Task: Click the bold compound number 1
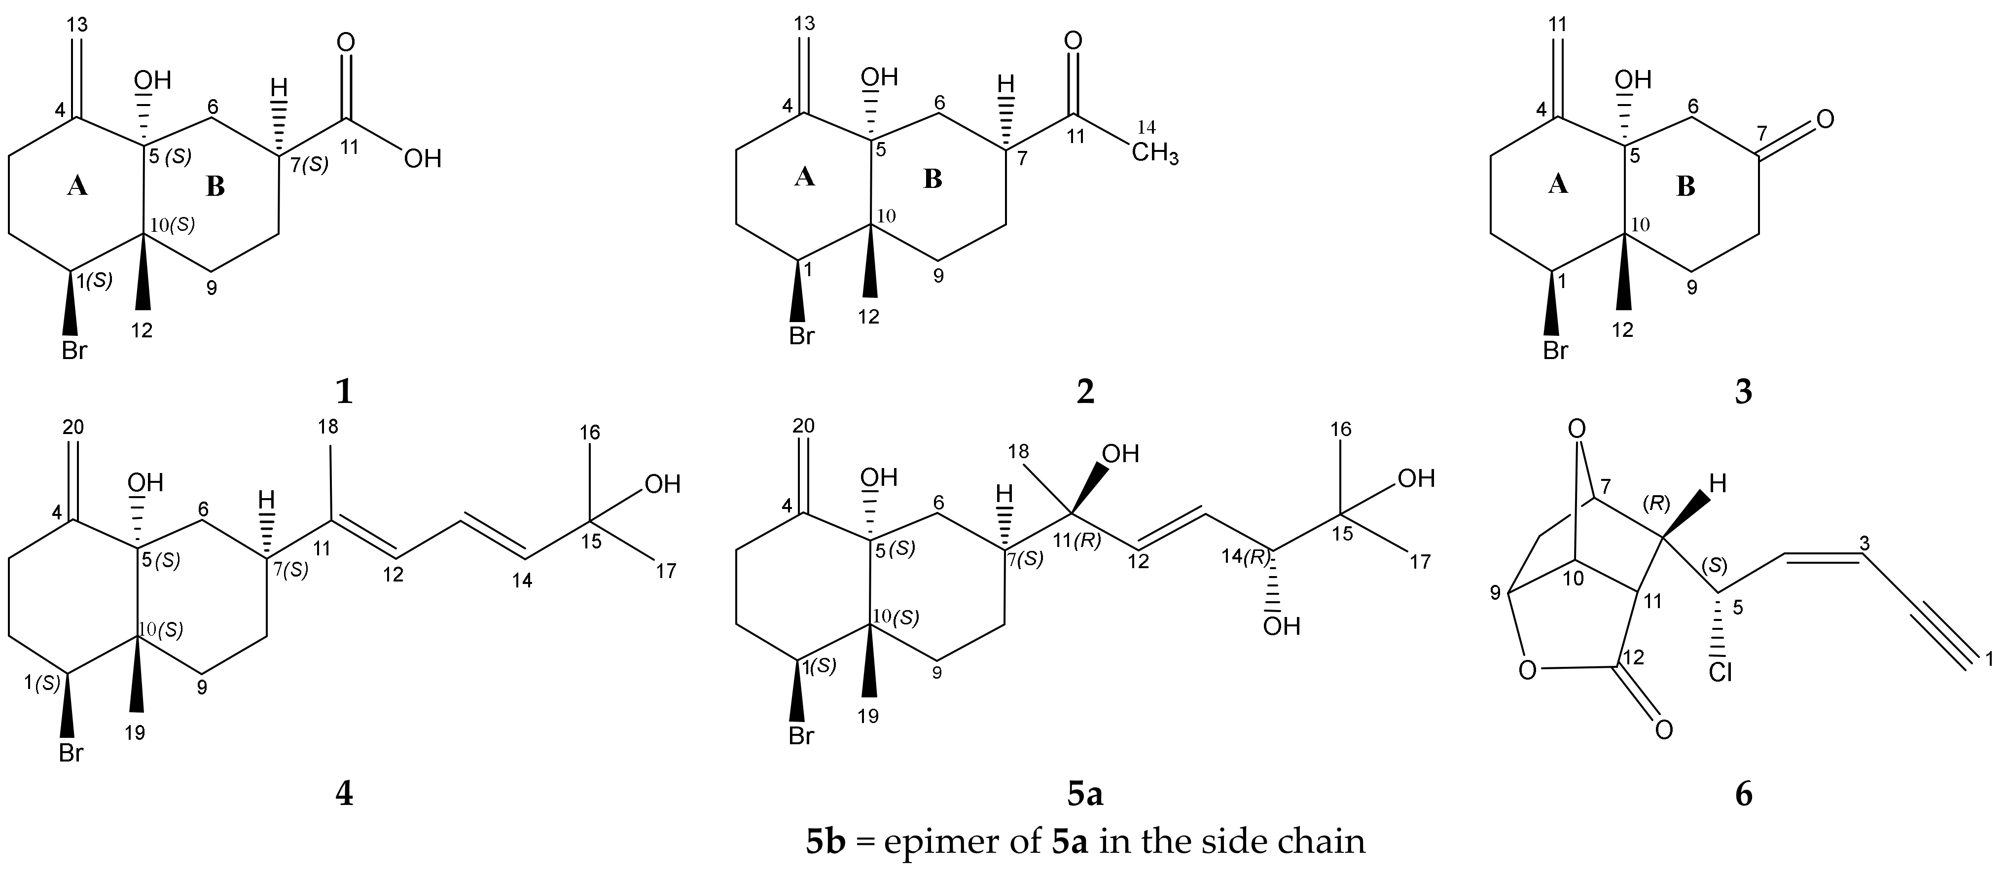click(344, 392)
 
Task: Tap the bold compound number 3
click(1744, 392)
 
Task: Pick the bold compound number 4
click(344, 794)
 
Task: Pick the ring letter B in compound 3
click(1686, 187)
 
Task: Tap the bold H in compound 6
click(1718, 484)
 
